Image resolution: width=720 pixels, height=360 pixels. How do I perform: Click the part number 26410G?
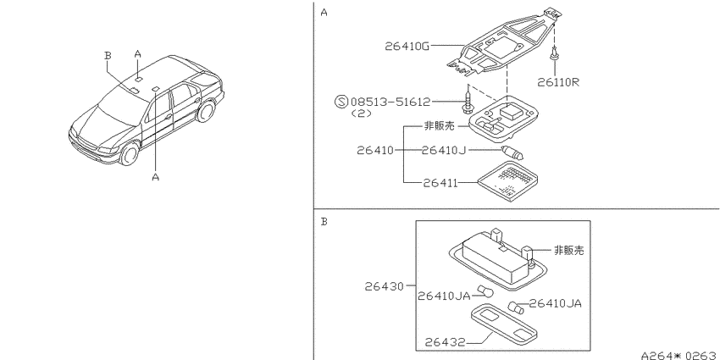coord(407,46)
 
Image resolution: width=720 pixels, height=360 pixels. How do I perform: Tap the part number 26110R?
coord(558,82)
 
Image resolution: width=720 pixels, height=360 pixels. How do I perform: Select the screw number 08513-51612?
coord(390,102)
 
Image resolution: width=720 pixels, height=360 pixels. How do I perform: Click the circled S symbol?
coord(341,102)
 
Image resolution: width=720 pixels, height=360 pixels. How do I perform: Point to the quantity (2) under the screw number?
coord(361,114)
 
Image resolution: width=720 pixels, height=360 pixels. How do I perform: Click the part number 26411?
coord(440,183)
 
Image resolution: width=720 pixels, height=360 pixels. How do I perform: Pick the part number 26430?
coord(384,286)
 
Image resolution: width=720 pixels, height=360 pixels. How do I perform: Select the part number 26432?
coord(445,342)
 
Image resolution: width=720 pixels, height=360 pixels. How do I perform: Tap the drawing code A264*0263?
coord(680,356)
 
